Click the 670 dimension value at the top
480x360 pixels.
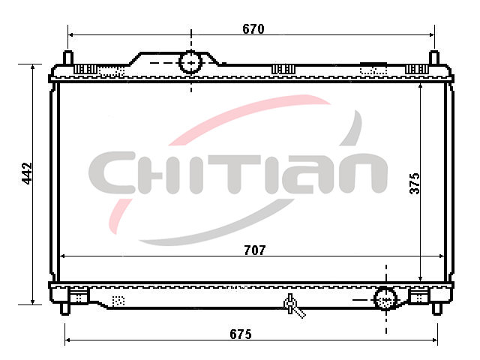(x=253, y=29)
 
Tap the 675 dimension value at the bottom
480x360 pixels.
(x=241, y=334)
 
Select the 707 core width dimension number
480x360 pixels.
(x=255, y=250)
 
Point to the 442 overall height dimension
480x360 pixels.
(x=27, y=173)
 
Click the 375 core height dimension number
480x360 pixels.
(x=415, y=183)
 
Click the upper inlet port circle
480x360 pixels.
(x=190, y=62)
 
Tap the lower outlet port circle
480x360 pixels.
(x=385, y=298)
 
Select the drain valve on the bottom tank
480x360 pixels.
(x=293, y=305)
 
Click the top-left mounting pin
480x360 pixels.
(x=68, y=58)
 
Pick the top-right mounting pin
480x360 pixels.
(x=433, y=58)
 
